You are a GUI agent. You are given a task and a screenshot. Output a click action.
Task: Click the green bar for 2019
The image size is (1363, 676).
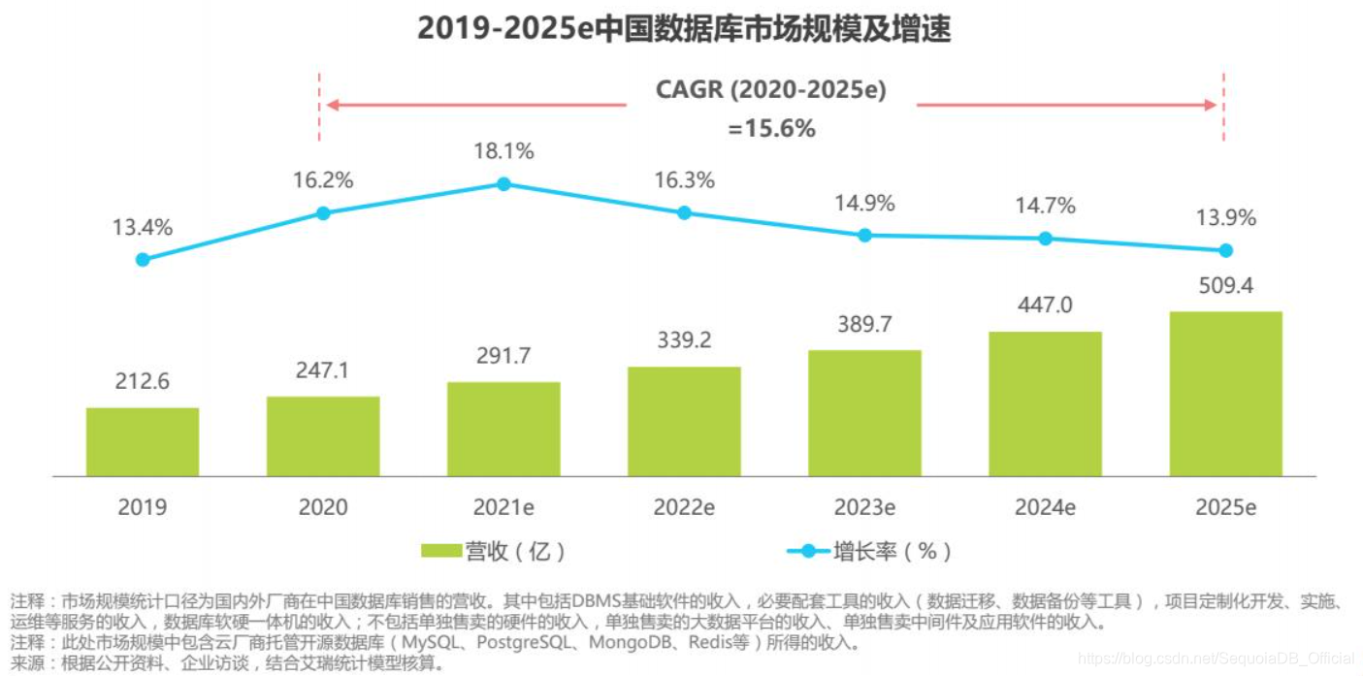point(143,441)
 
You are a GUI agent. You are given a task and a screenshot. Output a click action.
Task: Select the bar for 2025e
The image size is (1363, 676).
point(1225,394)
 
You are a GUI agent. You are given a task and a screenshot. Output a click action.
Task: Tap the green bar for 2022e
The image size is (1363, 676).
point(684,421)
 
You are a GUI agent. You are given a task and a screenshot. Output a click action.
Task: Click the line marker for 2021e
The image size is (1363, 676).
point(503,183)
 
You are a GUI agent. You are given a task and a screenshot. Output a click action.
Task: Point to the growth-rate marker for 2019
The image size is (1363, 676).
point(143,259)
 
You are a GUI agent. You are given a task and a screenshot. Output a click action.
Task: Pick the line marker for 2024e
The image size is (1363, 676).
point(1045,238)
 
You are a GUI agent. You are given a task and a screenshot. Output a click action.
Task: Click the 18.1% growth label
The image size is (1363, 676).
point(503,151)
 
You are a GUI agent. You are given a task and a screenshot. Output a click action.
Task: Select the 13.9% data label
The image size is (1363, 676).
point(1225,218)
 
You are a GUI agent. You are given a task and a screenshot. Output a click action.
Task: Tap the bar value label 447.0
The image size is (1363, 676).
point(1045,306)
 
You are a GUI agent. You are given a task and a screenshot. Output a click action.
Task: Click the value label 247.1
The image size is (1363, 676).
point(323,370)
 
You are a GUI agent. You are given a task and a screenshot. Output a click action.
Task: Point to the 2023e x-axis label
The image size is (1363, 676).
point(864,507)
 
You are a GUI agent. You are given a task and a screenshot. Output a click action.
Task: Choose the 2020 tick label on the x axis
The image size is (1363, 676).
point(323,507)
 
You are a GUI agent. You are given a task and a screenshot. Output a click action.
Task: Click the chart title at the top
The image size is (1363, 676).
point(683,29)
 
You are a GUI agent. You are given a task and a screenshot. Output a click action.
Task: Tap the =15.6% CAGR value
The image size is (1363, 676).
point(771,128)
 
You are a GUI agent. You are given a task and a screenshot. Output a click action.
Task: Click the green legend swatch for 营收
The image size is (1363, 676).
point(441,551)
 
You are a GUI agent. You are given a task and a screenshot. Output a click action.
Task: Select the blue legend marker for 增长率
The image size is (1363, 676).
point(808,551)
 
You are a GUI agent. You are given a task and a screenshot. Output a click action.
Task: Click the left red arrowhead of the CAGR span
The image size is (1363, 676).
point(332,105)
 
